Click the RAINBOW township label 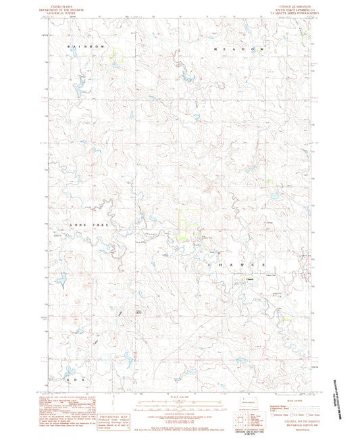(x=86, y=45)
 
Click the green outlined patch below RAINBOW (x=118, y=56)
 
